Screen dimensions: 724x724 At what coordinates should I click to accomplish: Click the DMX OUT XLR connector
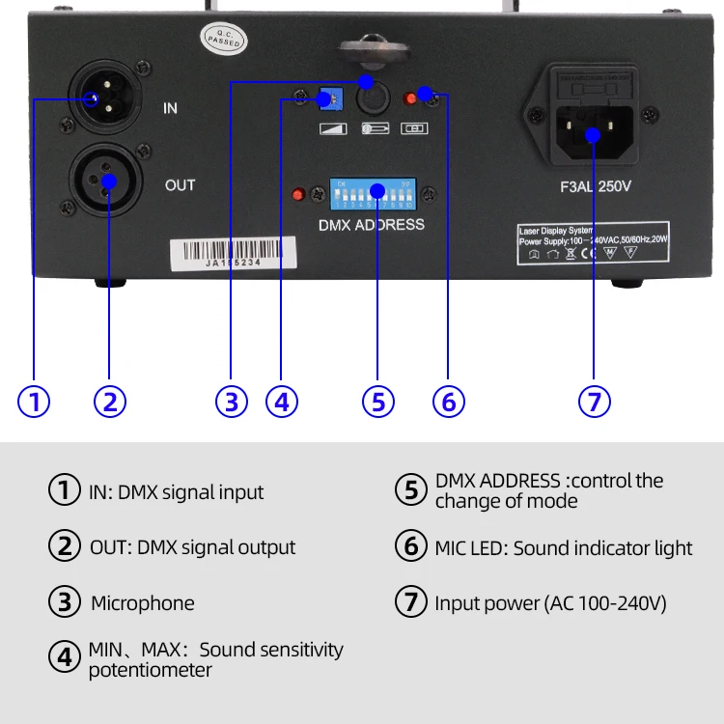tap(107, 181)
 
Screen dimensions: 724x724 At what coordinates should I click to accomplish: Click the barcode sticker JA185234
tap(218, 253)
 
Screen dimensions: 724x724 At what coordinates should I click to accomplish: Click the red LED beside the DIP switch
tap(298, 194)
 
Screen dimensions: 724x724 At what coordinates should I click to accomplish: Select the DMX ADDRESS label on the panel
tap(371, 225)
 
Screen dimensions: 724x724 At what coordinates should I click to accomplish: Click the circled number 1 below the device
tap(34, 401)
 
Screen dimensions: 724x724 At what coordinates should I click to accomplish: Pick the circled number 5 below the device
tap(378, 401)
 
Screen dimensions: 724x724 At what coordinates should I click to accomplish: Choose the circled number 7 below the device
tap(595, 401)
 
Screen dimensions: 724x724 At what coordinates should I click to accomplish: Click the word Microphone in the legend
tap(142, 603)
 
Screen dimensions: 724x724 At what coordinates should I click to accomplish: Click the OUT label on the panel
tap(180, 184)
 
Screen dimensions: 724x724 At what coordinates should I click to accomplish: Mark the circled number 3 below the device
tap(231, 401)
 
